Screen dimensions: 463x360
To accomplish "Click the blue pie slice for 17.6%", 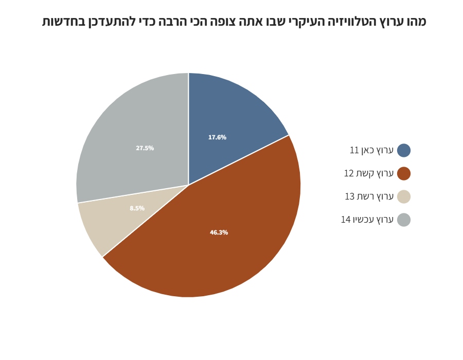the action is [227, 118].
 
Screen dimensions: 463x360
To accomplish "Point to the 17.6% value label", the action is [217, 137].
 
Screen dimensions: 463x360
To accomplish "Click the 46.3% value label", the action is [219, 232].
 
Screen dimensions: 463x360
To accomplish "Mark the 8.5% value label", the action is [137, 208].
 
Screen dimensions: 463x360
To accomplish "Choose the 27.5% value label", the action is [145, 148].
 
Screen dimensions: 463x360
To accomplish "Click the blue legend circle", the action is [404, 150].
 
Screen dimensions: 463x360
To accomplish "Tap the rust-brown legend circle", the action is [404, 173].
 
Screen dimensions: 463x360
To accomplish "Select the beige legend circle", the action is [404, 196].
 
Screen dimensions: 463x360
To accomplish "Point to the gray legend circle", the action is [404, 220].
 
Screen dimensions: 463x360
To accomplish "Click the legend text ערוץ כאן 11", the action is [371, 150].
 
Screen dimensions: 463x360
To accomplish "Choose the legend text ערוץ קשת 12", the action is [369, 173].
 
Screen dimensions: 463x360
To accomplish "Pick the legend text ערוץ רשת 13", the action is [369, 196].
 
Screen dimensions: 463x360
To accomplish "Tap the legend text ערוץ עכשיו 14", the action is [367, 220].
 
